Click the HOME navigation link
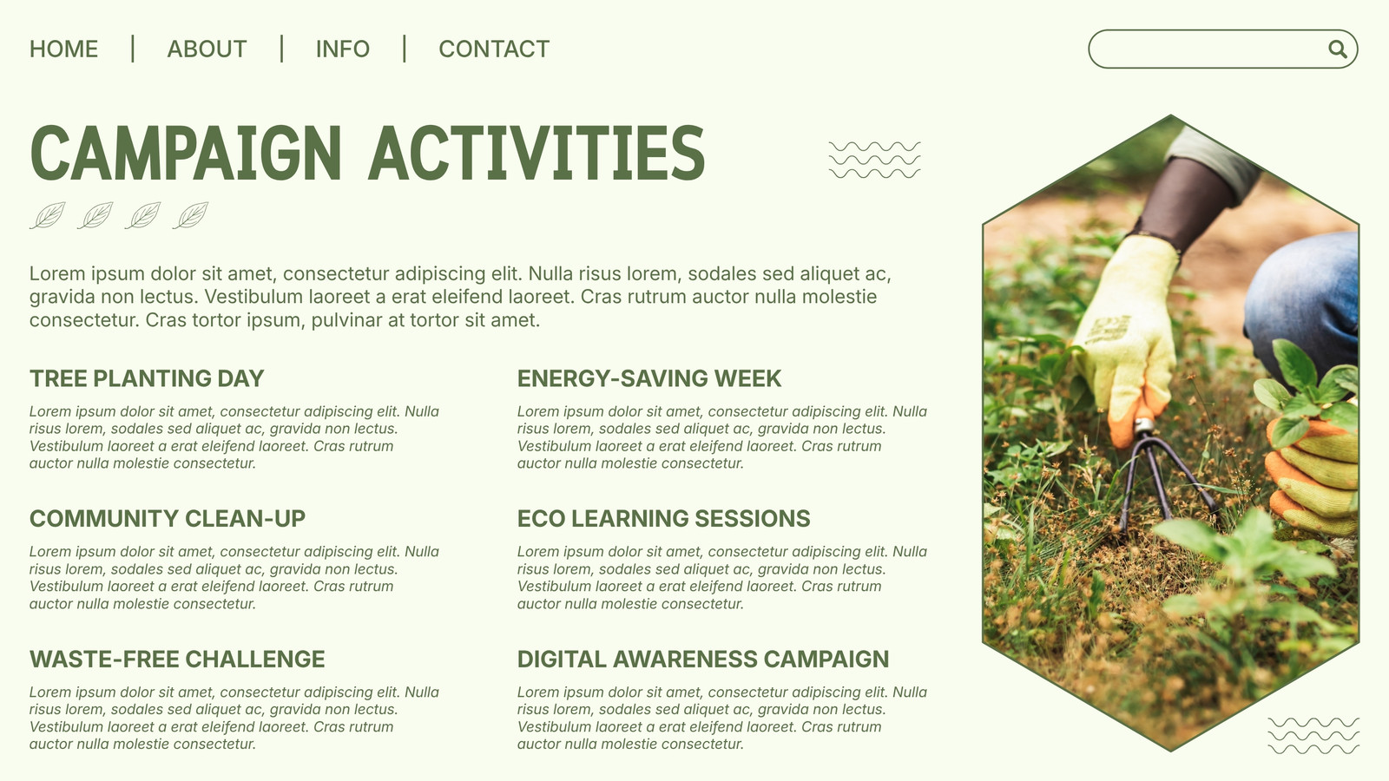tap(64, 49)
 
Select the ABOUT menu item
tap(207, 49)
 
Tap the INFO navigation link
tap(342, 49)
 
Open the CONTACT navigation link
tap(494, 49)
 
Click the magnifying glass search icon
tap(1338, 49)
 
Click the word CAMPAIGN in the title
tap(186, 153)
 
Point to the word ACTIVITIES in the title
tap(537, 153)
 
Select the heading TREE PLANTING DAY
tap(147, 378)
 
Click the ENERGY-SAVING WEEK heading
tap(649, 378)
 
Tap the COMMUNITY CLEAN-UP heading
tap(168, 519)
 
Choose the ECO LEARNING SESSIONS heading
tap(663, 519)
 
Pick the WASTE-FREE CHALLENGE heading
tap(177, 659)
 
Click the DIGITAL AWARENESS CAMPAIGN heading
tap(703, 659)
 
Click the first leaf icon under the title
tap(49, 216)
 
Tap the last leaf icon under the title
tap(191, 216)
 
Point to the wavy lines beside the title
tap(875, 160)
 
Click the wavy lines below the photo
tap(1314, 736)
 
